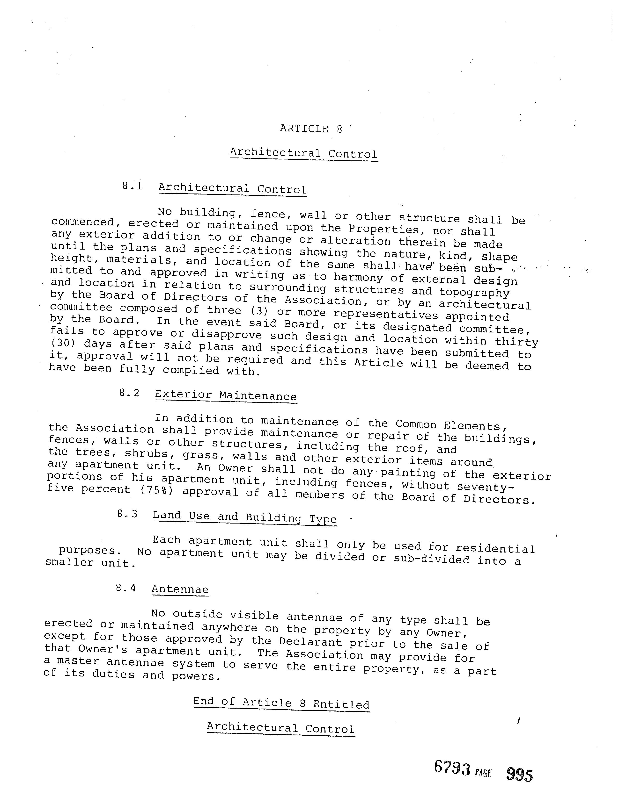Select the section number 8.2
[129, 393]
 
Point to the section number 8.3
[127, 514]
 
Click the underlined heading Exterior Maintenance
[226, 395]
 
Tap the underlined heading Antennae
[180, 589]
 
